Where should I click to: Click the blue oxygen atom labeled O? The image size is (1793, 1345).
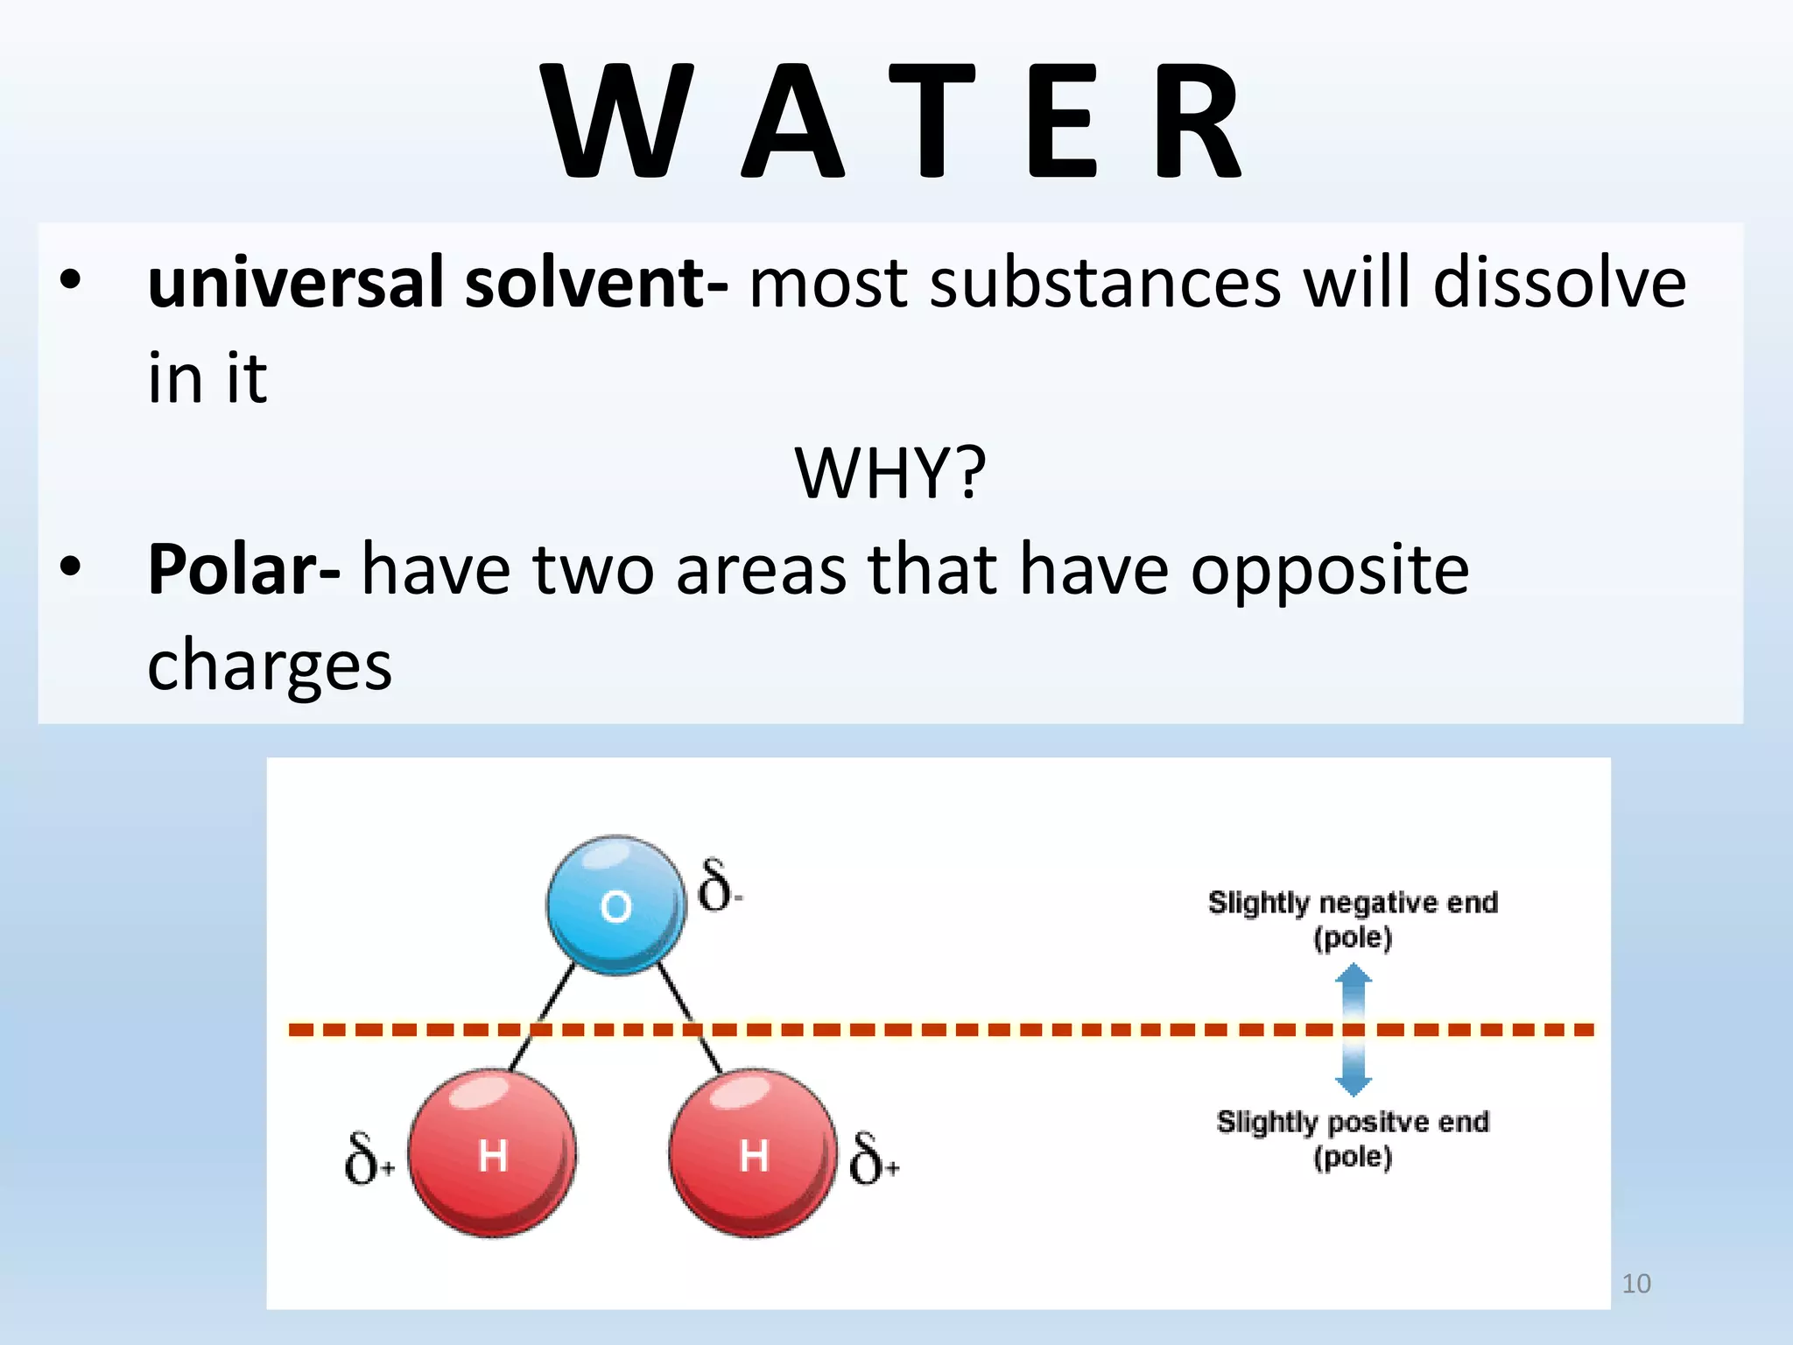(615, 905)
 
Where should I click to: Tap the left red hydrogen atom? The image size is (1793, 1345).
(492, 1153)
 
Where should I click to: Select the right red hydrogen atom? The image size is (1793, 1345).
(753, 1153)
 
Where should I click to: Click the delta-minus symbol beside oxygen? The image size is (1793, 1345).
(719, 886)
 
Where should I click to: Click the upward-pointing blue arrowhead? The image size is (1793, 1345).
(1354, 976)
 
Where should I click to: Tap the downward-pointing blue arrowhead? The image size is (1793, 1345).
(1354, 1085)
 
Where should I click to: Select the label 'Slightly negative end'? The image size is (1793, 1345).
(1353, 903)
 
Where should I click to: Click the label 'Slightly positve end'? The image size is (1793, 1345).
(1353, 1122)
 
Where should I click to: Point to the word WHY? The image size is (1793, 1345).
(890, 473)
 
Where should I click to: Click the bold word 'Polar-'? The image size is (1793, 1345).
(243, 569)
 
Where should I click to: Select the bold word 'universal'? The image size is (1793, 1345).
(296, 283)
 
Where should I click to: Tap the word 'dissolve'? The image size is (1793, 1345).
(1559, 283)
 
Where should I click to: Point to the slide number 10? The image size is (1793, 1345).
(1635, 1284)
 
